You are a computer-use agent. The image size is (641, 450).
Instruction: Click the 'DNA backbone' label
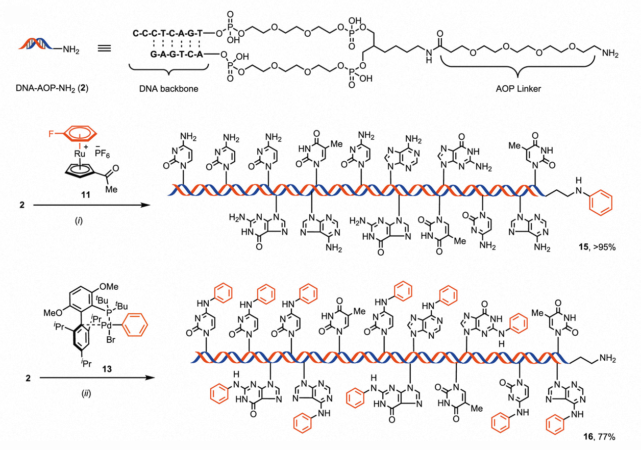(x=168, y=89)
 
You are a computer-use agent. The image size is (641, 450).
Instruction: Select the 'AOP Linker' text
(x=518, y=89)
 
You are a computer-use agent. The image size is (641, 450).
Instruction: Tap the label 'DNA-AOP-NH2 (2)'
(x=52, y=88)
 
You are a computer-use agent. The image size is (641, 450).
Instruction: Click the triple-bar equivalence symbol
(x=105, y=48)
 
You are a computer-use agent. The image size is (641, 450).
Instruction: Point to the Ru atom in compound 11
(x=80, y=154)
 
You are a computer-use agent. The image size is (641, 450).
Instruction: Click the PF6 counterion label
(x=102, y=154)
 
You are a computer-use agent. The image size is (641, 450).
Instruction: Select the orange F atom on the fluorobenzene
(x=51, y=134)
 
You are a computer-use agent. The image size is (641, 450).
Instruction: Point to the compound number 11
(x=86, y=195)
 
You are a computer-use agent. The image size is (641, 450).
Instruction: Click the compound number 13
(x=107, y=369)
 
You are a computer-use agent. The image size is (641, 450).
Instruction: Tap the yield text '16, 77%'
(x=599, y=437)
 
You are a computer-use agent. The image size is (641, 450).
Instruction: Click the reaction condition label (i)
(x=79, y=221)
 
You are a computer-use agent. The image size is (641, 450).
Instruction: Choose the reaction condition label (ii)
(x=86, y=394)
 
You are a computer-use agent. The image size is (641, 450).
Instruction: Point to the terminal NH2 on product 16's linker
(x=607, y=359)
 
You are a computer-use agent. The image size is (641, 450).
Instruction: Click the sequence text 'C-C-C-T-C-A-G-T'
(x=168, y=34)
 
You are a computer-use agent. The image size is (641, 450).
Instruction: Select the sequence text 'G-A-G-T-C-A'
(x=177, y=54)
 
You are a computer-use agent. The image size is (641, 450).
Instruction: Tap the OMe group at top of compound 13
(x=109, y=286)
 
